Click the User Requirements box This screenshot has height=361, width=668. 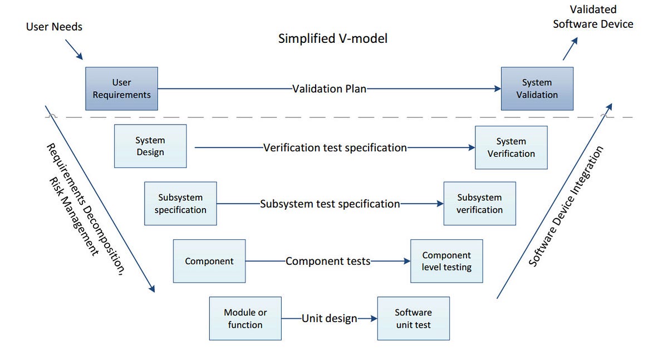pyautogui.click(x=121, y=89)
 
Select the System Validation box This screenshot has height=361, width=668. pyautogui.click(x=537, y=89)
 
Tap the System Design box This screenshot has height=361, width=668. pyautogui.click(x=150, y=146)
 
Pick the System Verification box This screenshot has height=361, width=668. pyautogui.click(x=511, y=147)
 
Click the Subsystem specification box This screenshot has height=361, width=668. pyautogui.click(x=180, y=204)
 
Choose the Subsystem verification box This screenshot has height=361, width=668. pyautogui.click(x=479, y=204)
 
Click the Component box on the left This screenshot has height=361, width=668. pyautogui.click(x=209, y=261)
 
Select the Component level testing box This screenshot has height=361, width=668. pyautogui.click(x=446, y=261)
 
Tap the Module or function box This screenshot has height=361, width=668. pyautogui.click(x=245, y=318)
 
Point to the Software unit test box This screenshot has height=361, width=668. pyautogui.click(x=413, y=318)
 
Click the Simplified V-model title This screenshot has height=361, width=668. pyautogui.click(x=333, y=39)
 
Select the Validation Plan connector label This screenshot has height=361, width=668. pyautogui.click(x=330, y=89)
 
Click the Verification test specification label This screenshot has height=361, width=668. pyautogui.click(x=335, y=147)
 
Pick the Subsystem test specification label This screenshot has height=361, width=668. pyautogui.click(x=330, y=204)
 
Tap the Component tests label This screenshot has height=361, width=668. pyautogui.click(x=328, y=261)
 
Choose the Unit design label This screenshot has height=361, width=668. pyautogui.click(x=329, y=319)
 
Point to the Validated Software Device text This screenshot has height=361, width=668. pyautogui.click(x=593, y=17)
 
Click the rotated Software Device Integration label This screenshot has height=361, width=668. pyautogui.click(x=566, y=206)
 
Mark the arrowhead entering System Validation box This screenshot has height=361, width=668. pyautogui.click(x=497, y=89)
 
